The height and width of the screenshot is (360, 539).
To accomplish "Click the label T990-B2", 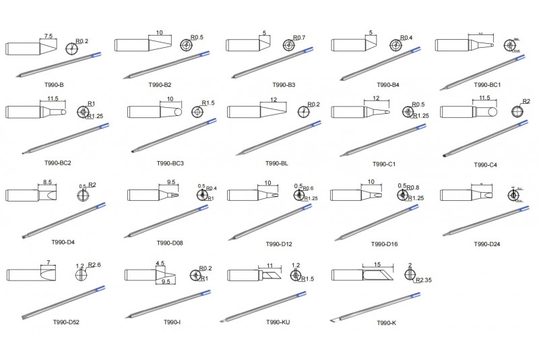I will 160,85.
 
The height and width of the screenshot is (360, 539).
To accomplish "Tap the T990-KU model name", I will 277,322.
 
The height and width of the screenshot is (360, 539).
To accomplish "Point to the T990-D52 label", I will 66,322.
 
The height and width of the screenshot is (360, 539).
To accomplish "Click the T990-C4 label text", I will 485,164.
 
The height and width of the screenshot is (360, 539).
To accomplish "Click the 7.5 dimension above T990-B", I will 49,36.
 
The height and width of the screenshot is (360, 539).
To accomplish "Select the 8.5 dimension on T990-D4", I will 47,182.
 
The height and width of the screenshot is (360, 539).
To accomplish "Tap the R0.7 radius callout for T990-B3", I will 299,38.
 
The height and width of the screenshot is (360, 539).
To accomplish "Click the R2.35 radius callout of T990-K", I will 424,280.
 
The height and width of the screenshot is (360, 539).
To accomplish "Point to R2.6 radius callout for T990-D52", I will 94,265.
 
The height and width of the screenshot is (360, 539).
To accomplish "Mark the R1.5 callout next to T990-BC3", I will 208,103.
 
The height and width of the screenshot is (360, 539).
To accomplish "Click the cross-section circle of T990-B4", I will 395,46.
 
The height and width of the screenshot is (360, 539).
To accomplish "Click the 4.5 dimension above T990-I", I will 160,264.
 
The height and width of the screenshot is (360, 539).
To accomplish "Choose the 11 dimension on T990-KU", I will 269,266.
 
